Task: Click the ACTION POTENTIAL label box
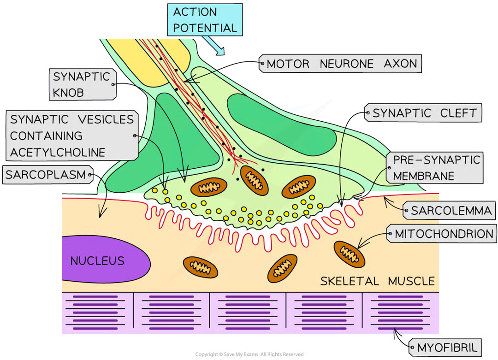tap(205, 19)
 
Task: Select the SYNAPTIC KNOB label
tap(81, 84)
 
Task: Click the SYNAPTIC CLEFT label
tap(424, 113)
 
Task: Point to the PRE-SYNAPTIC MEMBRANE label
tap(436, 167)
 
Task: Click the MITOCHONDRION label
tap(444, 234)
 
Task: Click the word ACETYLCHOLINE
tap(57, 152)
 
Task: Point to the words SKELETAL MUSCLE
tap(377, 281)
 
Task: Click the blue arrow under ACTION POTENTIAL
tap(214, 45)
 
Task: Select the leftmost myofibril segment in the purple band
tap(97, 312)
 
